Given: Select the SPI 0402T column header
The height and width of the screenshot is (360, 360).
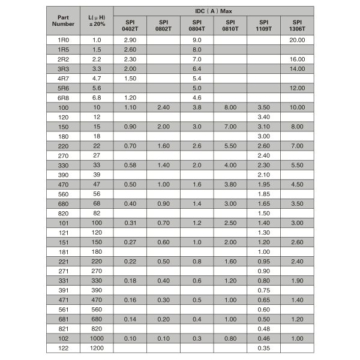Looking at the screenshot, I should (130, 26).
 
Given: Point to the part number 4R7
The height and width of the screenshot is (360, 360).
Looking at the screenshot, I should (63, 78).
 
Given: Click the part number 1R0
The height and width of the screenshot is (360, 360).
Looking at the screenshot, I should (63, 40).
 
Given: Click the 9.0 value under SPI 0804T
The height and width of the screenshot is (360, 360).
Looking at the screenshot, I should (196, 40).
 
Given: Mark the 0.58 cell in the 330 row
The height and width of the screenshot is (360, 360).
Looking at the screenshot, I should (130, 164).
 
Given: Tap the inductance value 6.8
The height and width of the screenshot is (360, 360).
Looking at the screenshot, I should (97, 97).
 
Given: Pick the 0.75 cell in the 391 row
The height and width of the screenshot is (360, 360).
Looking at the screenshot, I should (263, 289).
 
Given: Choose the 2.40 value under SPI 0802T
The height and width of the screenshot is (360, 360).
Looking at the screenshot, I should (163, 107).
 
